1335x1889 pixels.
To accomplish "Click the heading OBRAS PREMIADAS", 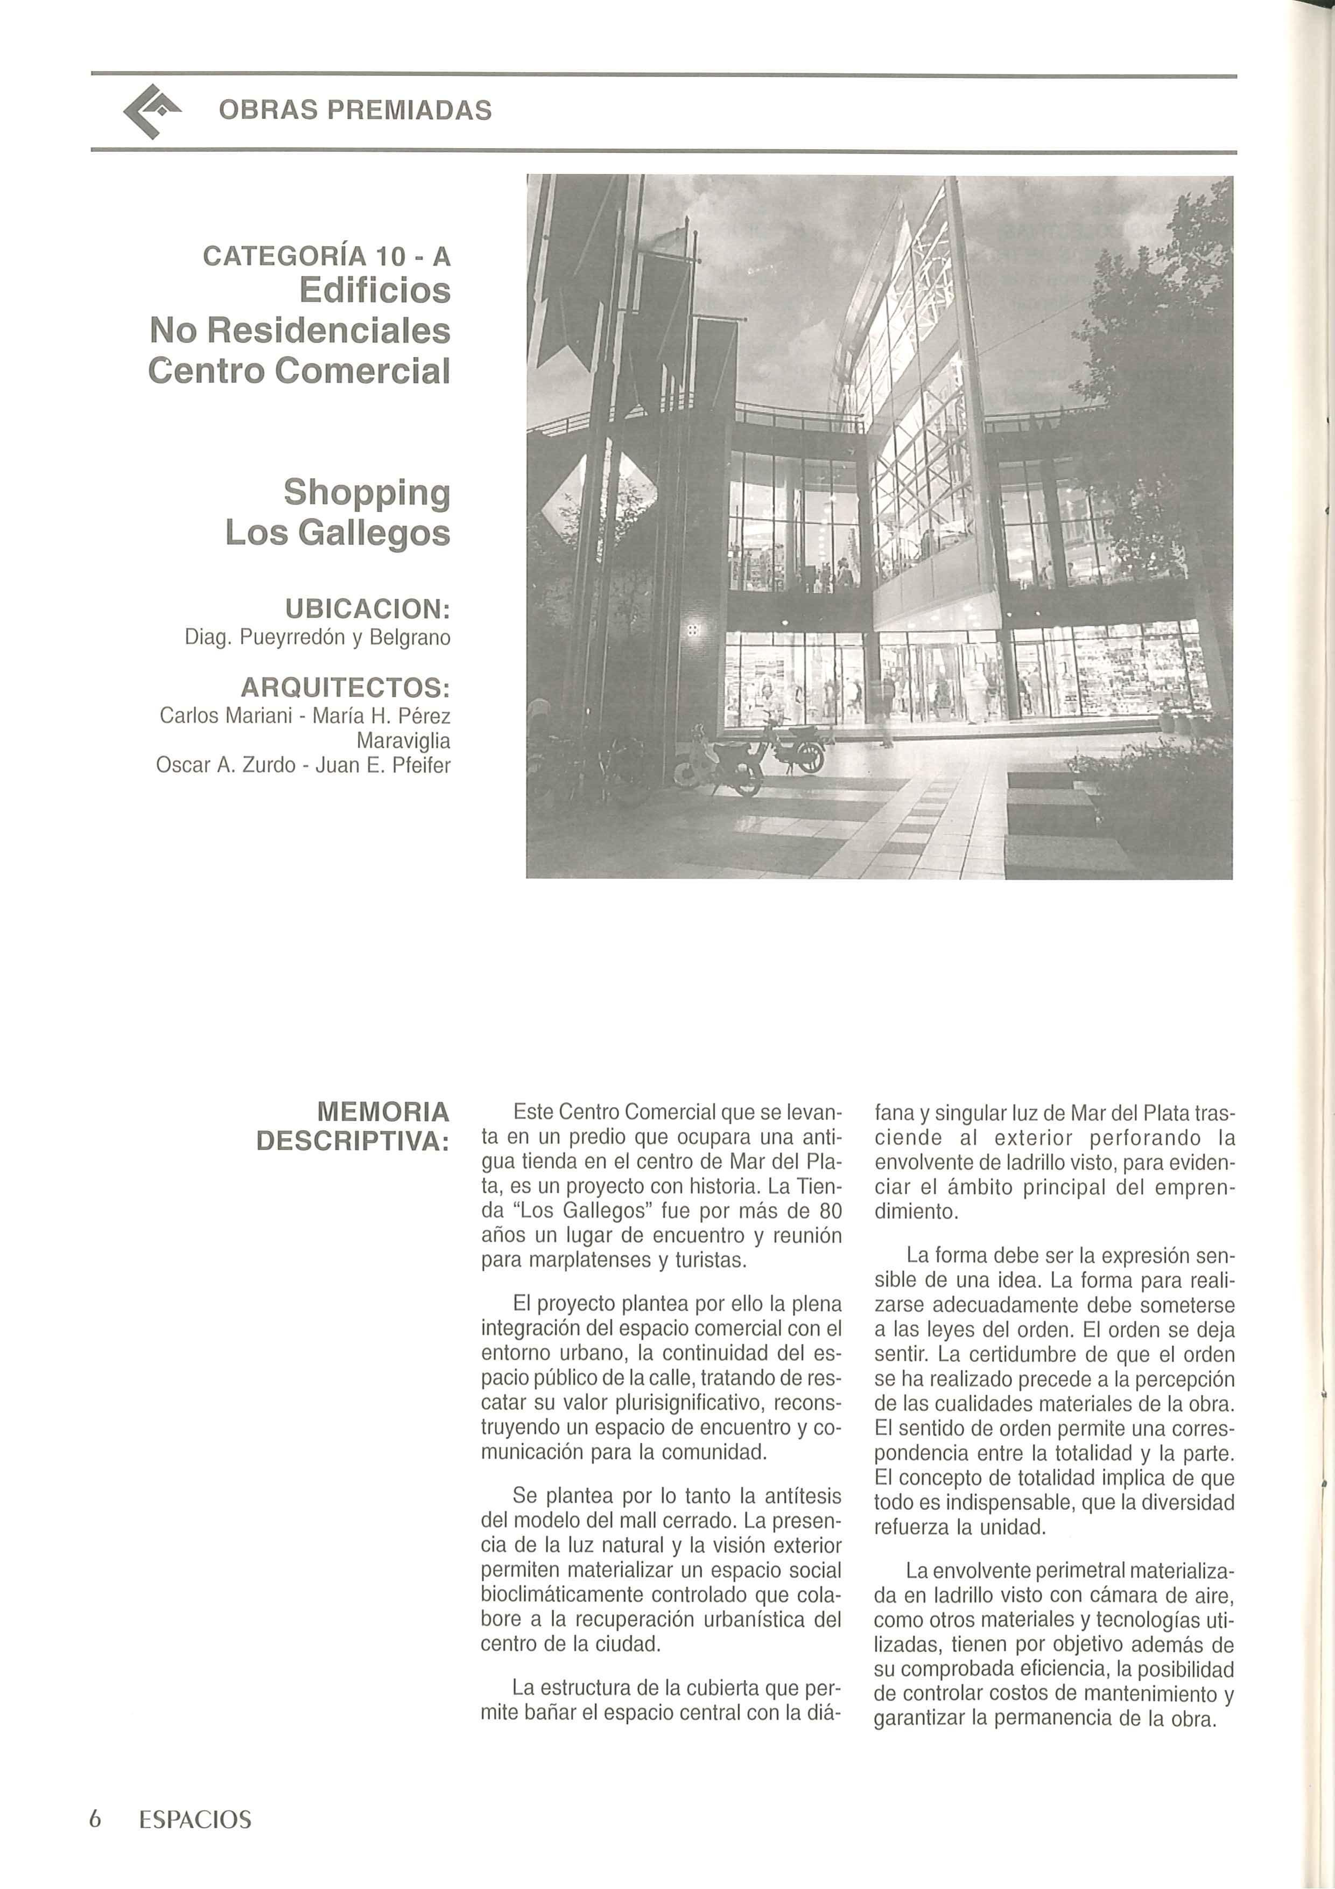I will (355, 110).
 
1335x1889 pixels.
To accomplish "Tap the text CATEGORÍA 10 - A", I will (327, 257).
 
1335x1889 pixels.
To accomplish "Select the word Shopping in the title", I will (367, 493).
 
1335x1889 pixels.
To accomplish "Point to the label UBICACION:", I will (367, 609).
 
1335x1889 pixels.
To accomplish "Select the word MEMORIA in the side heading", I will (383, 1113).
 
